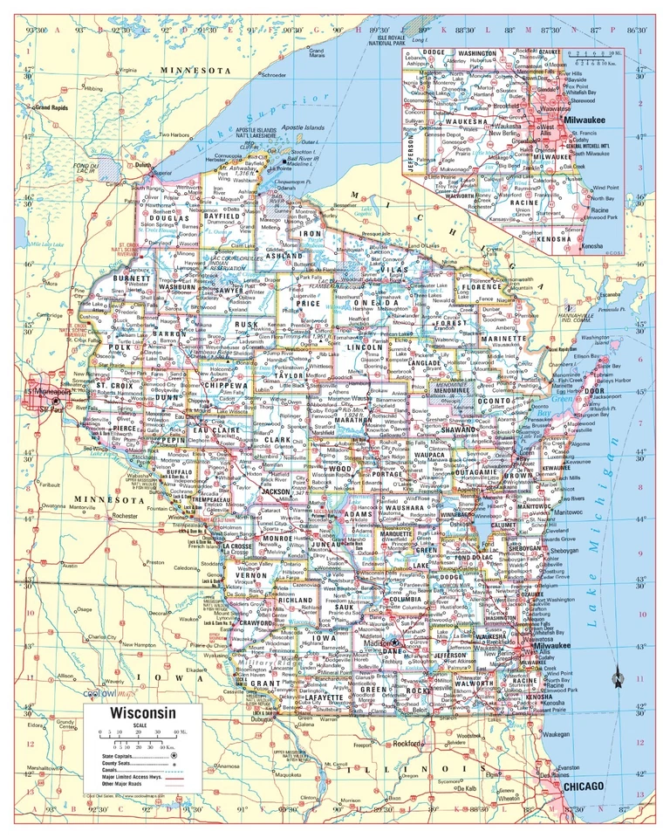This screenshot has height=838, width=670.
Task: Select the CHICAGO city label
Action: pyautogui.click(x=585, y=786)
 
